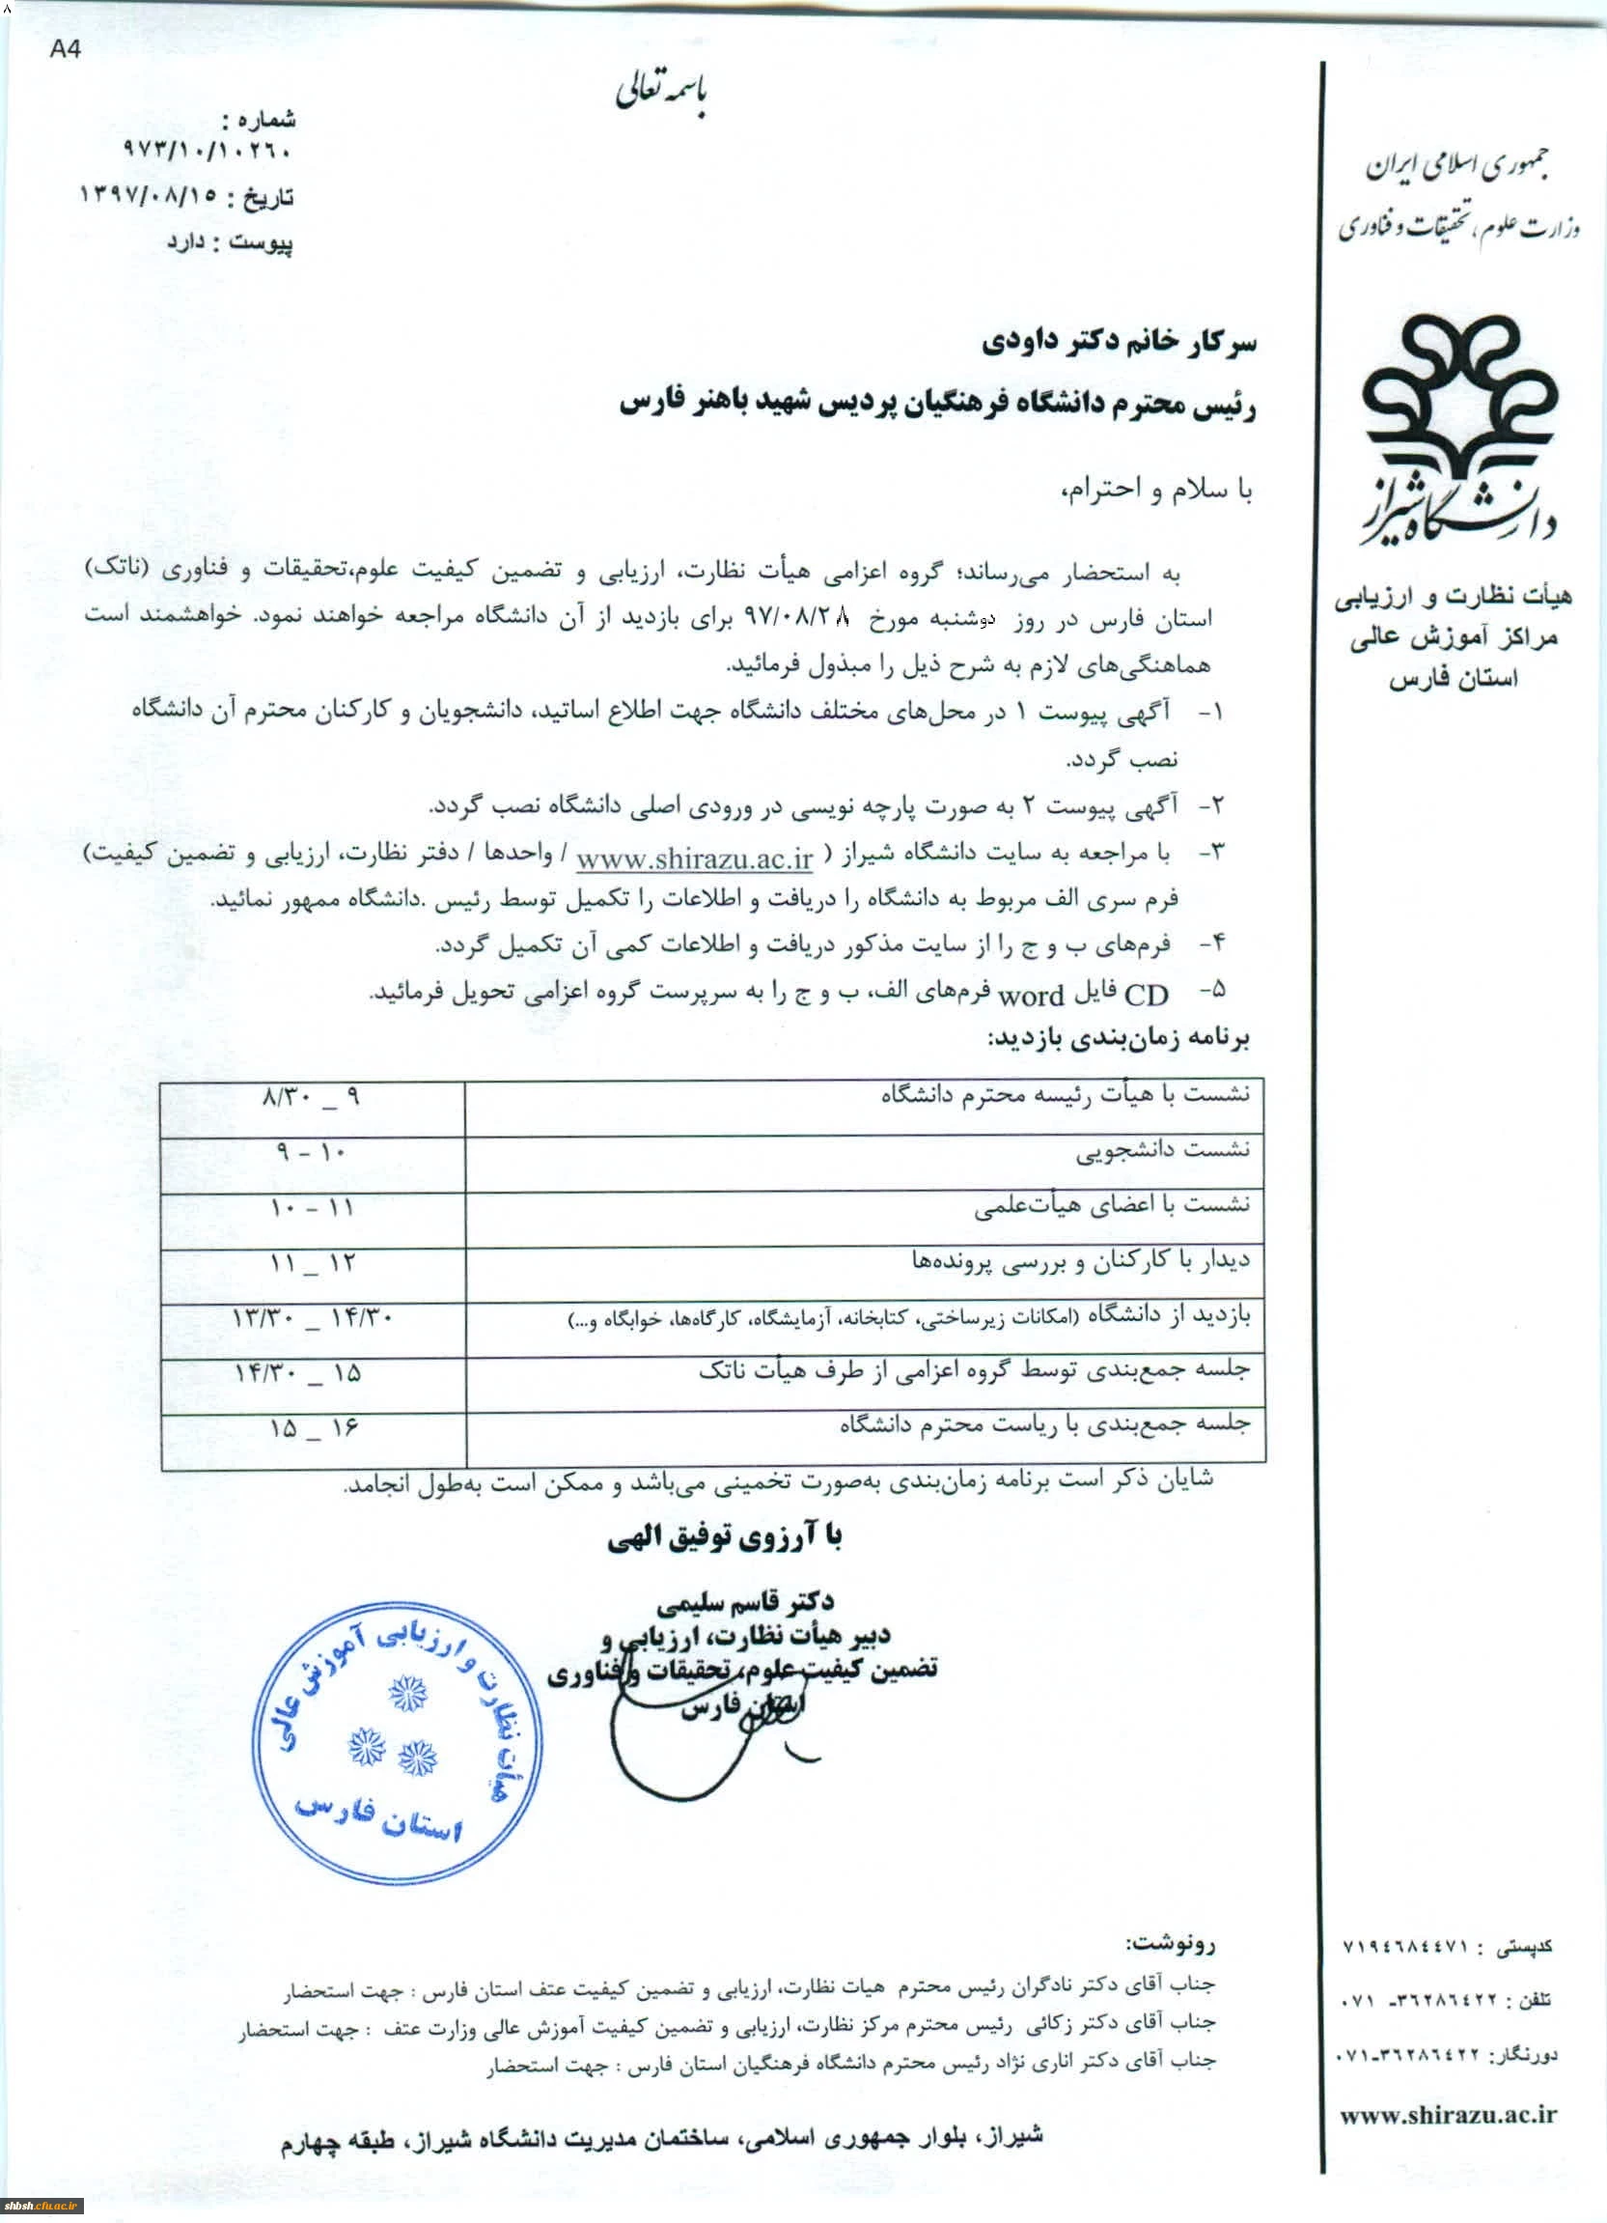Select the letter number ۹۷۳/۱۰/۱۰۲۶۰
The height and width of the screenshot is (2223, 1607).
(x=208, y=152)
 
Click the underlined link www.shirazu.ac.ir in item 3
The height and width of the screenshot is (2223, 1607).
(x=694, y=859)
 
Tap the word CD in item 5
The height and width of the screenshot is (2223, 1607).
(x=1146, y=996)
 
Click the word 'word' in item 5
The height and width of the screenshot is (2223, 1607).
(x=1030, y=996)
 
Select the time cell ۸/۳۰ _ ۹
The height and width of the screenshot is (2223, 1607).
(x=311, y=1098)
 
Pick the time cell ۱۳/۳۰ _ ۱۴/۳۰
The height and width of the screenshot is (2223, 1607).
(x=313, y=1319)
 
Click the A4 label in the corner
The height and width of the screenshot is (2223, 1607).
(x=66, y=50)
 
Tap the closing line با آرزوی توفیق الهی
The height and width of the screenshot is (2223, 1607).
(x=724, y=1539)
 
